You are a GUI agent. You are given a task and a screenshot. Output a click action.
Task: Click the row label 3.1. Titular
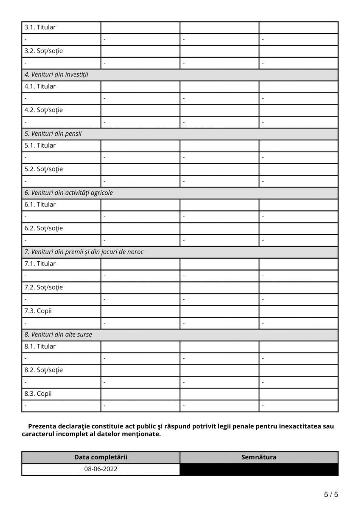coord(40,28)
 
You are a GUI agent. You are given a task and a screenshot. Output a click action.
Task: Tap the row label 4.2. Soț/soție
coord(43,110)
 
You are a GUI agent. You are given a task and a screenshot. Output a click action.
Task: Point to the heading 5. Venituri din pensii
coord(53,134)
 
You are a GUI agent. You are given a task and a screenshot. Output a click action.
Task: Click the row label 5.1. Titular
coord(40,145)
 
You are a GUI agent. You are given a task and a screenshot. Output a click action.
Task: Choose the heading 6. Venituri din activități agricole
coord(68,193)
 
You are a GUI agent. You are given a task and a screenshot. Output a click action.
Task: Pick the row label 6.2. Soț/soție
coord(43,228)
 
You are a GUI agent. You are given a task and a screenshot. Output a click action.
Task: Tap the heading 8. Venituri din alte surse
coord(58,335)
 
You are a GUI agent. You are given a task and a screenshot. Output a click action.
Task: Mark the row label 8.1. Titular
coord(40,347)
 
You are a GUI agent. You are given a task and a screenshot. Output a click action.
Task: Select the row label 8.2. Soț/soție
coord(43,370)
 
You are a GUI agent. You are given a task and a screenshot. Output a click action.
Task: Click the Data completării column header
coord(101,457)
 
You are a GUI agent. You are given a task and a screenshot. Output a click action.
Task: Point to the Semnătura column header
coord(259,457)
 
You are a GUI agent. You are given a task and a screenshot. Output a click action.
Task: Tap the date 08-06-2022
coord(101,469)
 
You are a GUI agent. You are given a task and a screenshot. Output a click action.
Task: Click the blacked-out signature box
coord(259,470)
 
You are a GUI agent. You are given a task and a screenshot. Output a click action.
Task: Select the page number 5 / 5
coord(331,495)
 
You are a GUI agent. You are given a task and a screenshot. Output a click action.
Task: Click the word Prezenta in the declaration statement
coord(42,426)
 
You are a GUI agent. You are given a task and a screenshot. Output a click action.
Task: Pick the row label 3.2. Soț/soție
coord(43,51)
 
